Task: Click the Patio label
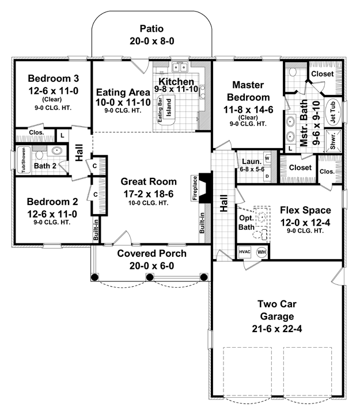coord(151,29)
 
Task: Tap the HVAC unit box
coord(245,252)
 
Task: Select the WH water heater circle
coord(262,252)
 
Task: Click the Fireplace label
coord(195,188)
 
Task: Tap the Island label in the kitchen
coord(169,108)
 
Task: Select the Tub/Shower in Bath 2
coord(24,160)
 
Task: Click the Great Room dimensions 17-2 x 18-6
coord(149,194)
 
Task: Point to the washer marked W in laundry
coord(267,158)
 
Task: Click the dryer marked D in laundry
coord(267,176)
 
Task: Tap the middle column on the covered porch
coord(149,277)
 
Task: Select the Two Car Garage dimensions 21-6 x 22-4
coord(277,329)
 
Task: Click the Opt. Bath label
coord(246,222)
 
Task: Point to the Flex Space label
coord(305,210)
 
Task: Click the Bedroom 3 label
coord(53,78)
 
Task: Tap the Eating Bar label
coord(160,109)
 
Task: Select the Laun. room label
coord(252,161)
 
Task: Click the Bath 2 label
coord(45,166)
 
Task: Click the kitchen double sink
coord(180,67)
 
